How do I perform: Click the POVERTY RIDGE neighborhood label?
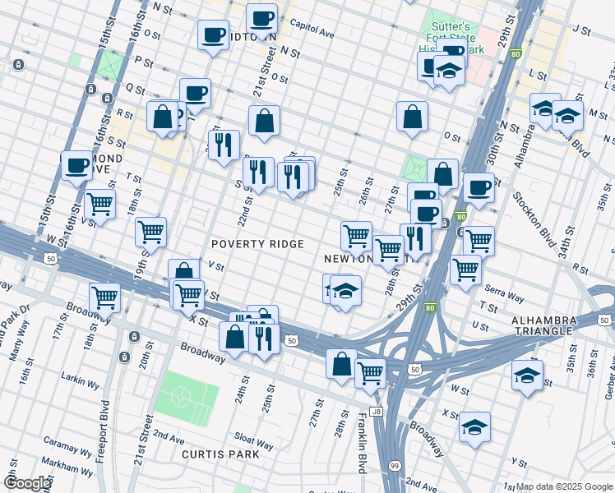[x=257, y=244]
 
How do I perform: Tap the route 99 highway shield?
[x=395, y=465]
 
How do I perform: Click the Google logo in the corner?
[x=26, y=483]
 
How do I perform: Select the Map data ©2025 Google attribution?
[x=564, y=486]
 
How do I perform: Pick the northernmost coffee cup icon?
[x=262, y=18]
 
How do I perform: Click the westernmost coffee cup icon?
[x=76, y=165]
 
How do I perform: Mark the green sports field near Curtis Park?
[x=180, y=395]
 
